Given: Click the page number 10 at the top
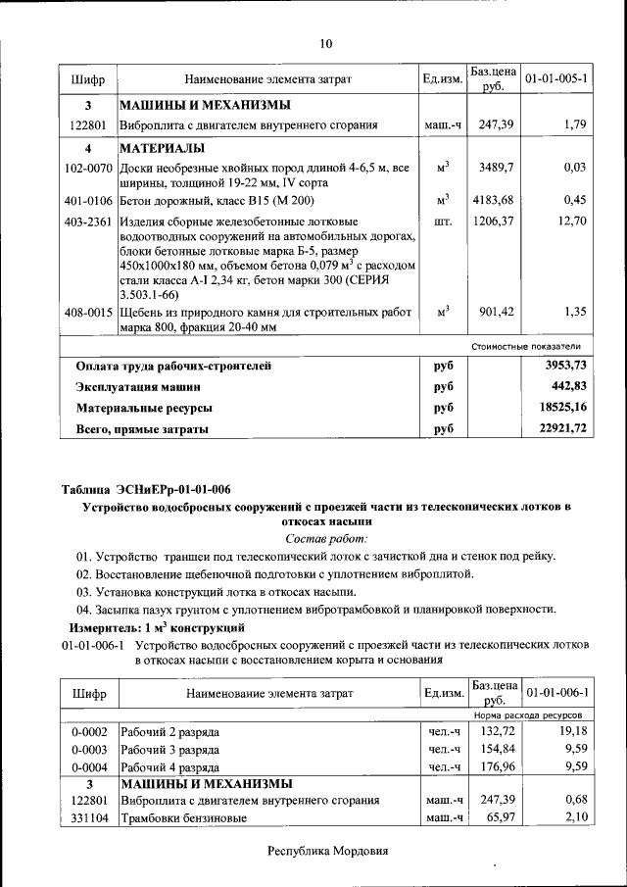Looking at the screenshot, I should [326, 42].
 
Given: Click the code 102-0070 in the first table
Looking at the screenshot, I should [87, 169].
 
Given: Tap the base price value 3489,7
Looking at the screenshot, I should [496, 169].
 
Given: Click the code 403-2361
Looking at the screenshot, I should [87, 222].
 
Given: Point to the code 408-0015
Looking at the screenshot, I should [87, 312].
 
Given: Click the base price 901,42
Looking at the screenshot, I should [496, 312].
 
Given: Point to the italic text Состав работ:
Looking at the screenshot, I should [326, 538].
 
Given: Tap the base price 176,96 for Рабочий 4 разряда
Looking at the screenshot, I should [496, 766].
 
